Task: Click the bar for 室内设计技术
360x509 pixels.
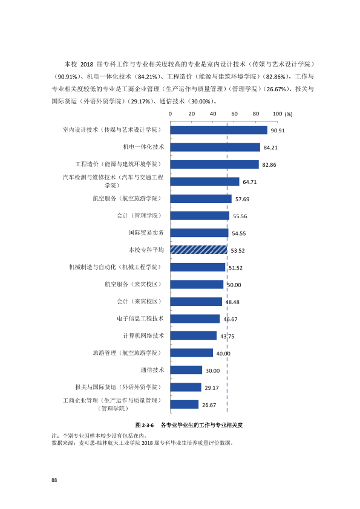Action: pyautogui.click(x=218, y=130)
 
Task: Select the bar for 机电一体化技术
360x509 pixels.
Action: pyautogui.click(x=215, y=148)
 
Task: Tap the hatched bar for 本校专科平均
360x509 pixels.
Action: pyautogui.click(x=199, y=250)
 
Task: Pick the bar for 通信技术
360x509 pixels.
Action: pyautogui.click(x=186, y=370)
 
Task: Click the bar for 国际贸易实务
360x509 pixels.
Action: pyautogui.click(x=199, y=233)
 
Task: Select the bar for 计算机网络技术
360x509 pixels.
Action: pyautogui.click(x=194, y=336)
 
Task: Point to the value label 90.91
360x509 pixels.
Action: pyautogui.click(x=278, y=131)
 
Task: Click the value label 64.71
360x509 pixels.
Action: pyautogui.click(x=249, y=182)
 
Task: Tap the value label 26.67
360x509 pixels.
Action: pyautogui.click(x=209, y=405)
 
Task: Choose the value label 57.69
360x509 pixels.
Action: pyautogui.click(x=243, y=199)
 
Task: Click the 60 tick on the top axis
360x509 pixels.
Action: pyautogui.click(x=234, y=114)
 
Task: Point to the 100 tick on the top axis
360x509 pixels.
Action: pyautogui.click(x=277, y=114)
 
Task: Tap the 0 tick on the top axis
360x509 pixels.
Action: pyautogui.click(x=170, y=114)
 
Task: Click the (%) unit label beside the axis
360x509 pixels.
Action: pyautogui.click(x=289, y=114)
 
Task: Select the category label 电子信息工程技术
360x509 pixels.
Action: pyautogui.click(x=140, y=319)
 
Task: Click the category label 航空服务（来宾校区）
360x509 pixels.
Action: pyautogui.click(x=133, y=284)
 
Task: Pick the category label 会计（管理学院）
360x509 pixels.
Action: pyautogui.click(x=139, y=216)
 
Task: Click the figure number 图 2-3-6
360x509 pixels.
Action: pyautogui.click(x=145, y=425)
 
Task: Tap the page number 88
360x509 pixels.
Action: pyautogui.click(x=54, y=480)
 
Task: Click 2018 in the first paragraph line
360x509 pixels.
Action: pyautogui.click(x=87, y=64)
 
